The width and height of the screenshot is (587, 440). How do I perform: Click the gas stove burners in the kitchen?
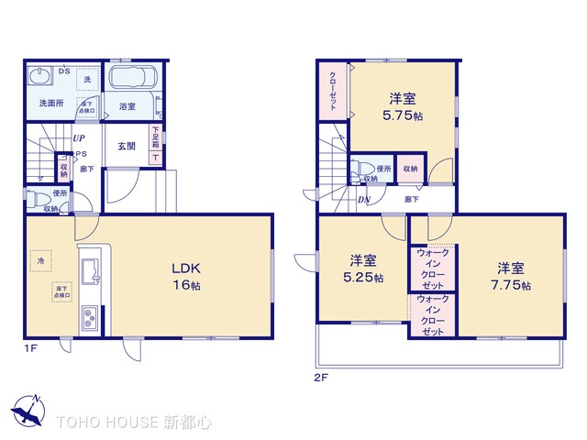coord(90,320)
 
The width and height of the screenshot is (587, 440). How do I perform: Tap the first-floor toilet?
coord(38,199)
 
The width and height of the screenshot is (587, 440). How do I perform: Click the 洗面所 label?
coord(50,104)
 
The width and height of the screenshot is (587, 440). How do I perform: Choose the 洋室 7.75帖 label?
coord(512,275)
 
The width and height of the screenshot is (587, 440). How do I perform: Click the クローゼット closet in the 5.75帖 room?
coord(332,90)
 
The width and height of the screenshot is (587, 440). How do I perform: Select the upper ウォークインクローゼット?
coord(432,268)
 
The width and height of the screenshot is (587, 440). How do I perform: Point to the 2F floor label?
coord(320,376)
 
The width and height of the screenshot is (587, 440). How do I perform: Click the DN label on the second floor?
coord(364,200)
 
